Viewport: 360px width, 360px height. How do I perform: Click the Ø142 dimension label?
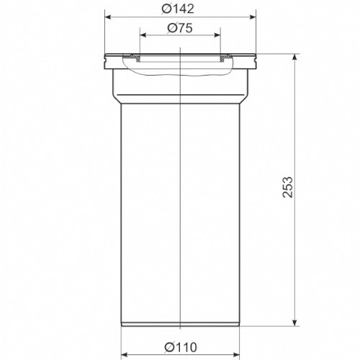pyautogui.click(x=177, y=9)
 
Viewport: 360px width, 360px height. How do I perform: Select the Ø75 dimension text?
pyautogui.click(x=180, y=28)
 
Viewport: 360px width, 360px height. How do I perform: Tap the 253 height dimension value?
pyautogui.click(x=287, y=187)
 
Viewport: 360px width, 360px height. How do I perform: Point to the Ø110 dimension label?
pyautogui.click(x=181, y=347)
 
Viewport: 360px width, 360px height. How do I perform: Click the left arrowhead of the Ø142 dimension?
pyautogui.click(x=109, y=17)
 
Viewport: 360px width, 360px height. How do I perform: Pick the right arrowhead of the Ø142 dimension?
pyautogui.click(x=253, y=17)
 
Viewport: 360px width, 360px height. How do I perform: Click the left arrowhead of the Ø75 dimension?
pyautogui.click(x=143, y=35)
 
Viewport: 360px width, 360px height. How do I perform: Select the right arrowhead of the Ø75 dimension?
pyautogui.click(x=217, y=35)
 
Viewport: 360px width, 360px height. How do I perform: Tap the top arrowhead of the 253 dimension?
pyautogui.click(x=295, y=58)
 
